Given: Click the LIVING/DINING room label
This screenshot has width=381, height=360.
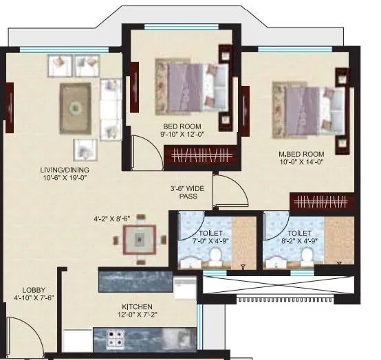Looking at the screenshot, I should pyautogui.click(x=64, y=170).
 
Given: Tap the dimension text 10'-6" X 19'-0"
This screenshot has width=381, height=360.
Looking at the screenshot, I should pyautogui.click(x=64, y=179).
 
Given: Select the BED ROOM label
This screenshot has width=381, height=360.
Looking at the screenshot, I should pyautogui.click(x=182, y=126).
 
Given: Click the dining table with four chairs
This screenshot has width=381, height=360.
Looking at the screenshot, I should pyautogui.click(x=140, y=240).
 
